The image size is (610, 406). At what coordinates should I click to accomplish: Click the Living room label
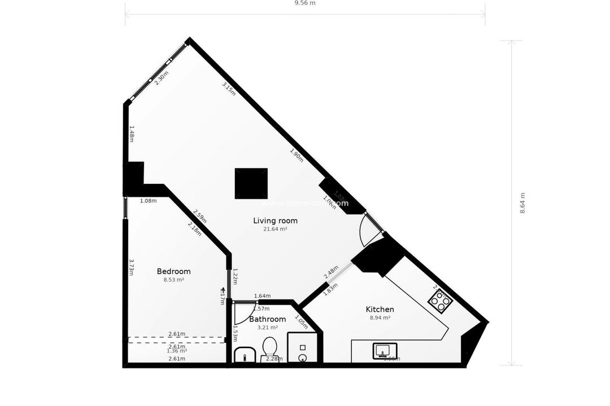275,220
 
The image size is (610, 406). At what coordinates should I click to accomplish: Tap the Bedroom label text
173,271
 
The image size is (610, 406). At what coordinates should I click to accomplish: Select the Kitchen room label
380,309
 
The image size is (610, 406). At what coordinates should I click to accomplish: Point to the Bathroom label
267,319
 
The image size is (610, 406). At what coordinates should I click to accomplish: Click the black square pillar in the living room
251,183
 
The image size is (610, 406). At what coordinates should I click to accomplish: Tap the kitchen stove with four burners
440,301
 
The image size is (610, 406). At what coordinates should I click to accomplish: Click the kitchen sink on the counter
385,351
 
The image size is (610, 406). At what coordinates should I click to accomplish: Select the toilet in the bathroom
270,348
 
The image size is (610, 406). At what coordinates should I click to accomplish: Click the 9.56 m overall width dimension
305,3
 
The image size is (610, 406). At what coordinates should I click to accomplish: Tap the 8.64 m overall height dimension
522,203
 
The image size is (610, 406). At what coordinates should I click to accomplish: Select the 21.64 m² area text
275,230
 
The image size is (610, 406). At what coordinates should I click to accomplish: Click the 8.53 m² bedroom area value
173,280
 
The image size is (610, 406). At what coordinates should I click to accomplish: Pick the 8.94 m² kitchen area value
380,317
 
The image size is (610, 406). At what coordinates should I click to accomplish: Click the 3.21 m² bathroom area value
267,328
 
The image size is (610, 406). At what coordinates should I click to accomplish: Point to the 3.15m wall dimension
229,89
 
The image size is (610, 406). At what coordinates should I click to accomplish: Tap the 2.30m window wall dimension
161,77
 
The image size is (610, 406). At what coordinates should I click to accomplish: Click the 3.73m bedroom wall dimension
131,267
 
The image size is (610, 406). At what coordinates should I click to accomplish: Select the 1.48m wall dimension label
131,134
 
